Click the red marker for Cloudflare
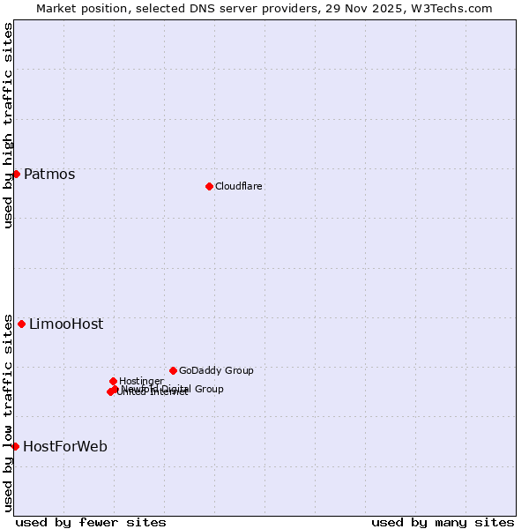click(x=209, y=186)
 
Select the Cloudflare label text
click(x=239, y=186)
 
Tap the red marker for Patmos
click(x=16, y=174)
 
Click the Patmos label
click(x=49, y=174)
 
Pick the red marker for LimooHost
click(x=21, y=324)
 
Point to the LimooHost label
click(x=66, y=324)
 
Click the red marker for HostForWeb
click(x=15, y=446)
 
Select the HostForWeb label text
click(x=65, y=446)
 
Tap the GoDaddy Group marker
click(x=173, y=370)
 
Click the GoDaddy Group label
click(x=216, y=370)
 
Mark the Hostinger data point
click(x=113, y=381)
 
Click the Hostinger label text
click(x=141, y=381)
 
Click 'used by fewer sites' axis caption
click(x=91, y=522)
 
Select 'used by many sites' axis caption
click(x=443, y=522)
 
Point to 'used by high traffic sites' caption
click(x=8, y=125)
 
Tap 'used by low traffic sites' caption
click(x=8, y=412)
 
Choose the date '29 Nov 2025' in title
click(x=373, y=8)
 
